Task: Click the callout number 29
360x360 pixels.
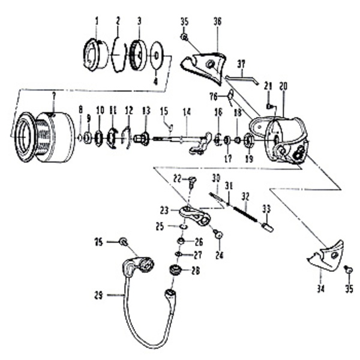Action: point(98,295)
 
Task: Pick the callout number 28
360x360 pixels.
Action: point(195,271)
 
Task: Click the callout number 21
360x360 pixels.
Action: point(268,86)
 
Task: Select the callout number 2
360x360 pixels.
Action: point(118,21)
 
